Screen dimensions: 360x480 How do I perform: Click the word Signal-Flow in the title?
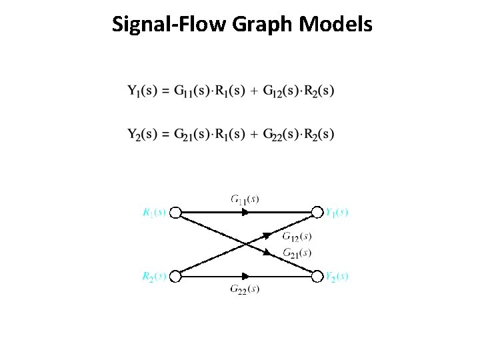170,25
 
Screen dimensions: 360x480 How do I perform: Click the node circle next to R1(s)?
175,213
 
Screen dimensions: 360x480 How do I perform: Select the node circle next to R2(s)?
175,277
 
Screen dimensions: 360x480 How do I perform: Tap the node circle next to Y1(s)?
317,213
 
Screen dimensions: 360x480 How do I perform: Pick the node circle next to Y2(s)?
317,277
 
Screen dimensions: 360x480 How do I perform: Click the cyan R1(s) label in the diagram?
154,213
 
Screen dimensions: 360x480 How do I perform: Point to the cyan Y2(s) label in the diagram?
336,277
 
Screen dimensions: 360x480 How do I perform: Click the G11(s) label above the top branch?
245,199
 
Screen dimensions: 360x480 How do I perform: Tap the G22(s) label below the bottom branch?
245,289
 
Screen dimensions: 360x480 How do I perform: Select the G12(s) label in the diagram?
296,236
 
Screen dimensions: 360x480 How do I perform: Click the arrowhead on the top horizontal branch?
245,213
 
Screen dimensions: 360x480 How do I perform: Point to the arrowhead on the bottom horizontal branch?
245,277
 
